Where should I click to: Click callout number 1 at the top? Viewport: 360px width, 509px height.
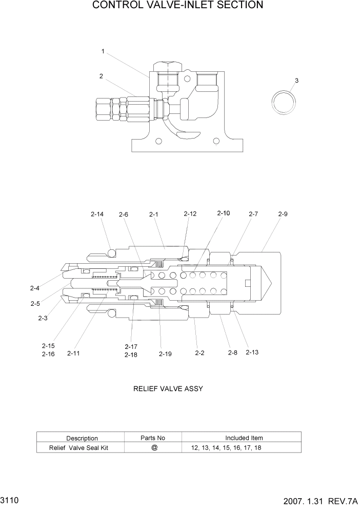[x=103, y=51]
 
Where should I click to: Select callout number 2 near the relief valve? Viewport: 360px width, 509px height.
[x=101, y=76]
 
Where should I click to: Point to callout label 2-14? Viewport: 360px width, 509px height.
[x=97, y=214]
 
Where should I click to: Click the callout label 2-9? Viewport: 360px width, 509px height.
[x=283, y=214]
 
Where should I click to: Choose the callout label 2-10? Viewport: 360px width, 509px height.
[x=224, y=213]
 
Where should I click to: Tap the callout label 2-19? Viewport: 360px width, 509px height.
[x=165, y=354]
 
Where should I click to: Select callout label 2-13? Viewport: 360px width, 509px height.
[x=253, y=353]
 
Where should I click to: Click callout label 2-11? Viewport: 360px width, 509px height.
[x=73, y=354]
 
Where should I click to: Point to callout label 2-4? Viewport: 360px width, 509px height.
[x=34, y=288]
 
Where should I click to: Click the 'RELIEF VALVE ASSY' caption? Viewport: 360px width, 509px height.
[x=168, y=388]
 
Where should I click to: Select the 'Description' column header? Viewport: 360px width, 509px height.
[x=82, y=438]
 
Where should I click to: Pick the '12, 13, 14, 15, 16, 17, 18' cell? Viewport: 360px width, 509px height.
[x=226, y=448]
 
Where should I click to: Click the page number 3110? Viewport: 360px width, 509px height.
[x=10, y=499]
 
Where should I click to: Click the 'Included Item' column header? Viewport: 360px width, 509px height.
[x=244, y=438]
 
